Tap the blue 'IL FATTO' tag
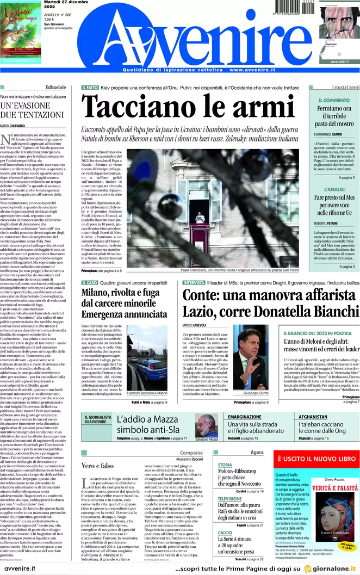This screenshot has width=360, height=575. coord(90,88)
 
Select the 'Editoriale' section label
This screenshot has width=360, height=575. coord(56,88)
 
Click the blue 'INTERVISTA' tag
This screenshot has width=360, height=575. coord(194,283)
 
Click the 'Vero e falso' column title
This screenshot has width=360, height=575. coord(98,466)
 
